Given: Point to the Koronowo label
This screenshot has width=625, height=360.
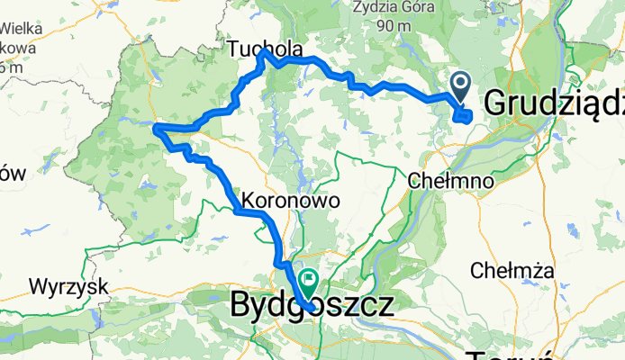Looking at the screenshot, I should point(291,201).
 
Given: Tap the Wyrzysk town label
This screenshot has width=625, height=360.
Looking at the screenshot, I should point(68,287).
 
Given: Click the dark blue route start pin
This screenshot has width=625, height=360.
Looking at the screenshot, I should point(459,88).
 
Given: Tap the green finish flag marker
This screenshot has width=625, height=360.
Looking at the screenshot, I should point(309,282).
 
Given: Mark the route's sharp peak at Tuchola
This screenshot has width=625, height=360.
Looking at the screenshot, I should point(263,53).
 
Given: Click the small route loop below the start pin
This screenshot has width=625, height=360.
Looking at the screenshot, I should point(463,114).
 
